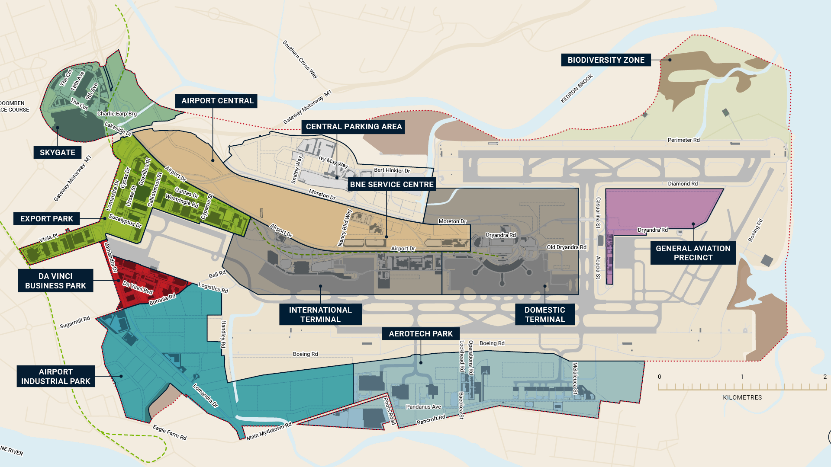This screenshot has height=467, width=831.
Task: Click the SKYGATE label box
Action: [58, 153]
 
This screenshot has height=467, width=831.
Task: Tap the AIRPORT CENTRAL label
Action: [217, 101]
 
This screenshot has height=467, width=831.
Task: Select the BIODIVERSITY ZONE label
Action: [606, 60]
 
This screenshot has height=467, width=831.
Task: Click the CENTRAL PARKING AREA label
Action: [354, 127]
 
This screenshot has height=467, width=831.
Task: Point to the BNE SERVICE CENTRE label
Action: [391, 185]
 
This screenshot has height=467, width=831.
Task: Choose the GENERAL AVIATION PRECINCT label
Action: [692, 253]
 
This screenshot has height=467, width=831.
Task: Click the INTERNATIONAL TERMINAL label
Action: [320, 315]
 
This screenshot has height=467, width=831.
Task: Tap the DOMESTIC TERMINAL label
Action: [544, 315]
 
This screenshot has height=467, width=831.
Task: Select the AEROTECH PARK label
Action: [420, 334]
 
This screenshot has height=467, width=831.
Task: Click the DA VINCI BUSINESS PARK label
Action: [55, 281]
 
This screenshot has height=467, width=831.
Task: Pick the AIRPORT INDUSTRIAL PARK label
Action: [55, 377]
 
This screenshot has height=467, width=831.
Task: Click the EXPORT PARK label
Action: [47, 219]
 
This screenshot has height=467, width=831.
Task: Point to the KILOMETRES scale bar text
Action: [742, 397]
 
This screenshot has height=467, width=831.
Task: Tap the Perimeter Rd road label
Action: [683, 140]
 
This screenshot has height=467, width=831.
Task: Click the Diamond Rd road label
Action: [683, 184]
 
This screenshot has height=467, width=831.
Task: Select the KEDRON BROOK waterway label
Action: [577, 89]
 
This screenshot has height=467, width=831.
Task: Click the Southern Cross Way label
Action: [300, 59]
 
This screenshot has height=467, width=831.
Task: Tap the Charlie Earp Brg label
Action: [117, 114]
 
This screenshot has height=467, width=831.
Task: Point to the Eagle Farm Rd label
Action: [170, 432]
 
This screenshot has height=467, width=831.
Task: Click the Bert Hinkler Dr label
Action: [392, 170]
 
